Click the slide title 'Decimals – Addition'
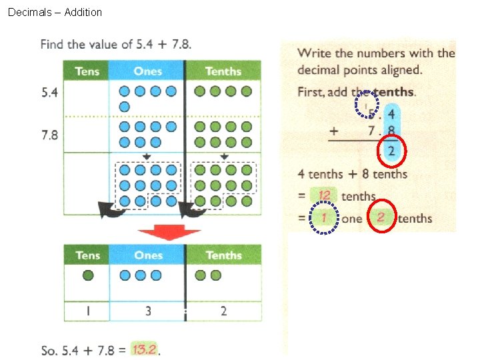pyautogui.click(x=55, y=12)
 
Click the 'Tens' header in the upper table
pyautogui.click(x=87, y=71)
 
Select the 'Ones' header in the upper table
pyautogui.click(x=147, y=71)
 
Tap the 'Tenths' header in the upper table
pyautogui.click(x=223, y=71)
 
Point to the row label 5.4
pyautogui.click(x=50, y=93)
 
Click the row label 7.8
pyautogui.click(x=50, y=135)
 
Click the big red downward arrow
pyautogui.click(x=169, y=234)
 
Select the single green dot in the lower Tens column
pyautogui.click(x=87, y=275)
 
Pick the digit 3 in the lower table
pyautogui.click(x=148, y=311)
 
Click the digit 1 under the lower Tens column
pyautogui.click(x=87, y=311)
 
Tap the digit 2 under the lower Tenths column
pyautogui.click(x=223, y=311)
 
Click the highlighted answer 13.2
pyautogui.click(x=145, y=349)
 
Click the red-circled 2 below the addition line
pyautogui.click(x=391, y=151)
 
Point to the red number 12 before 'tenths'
pyautogui.click(x=325, y=195)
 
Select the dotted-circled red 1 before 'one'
pyautogui.click(x=325, y=218)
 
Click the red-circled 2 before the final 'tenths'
pyautogui.click(x=381, y=218)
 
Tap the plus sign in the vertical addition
pyautogui.click(x=334, y=131)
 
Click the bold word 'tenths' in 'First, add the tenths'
pyautogui.click(x=395, y=93)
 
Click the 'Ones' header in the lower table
pyautogui.click(x=148, y=255)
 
